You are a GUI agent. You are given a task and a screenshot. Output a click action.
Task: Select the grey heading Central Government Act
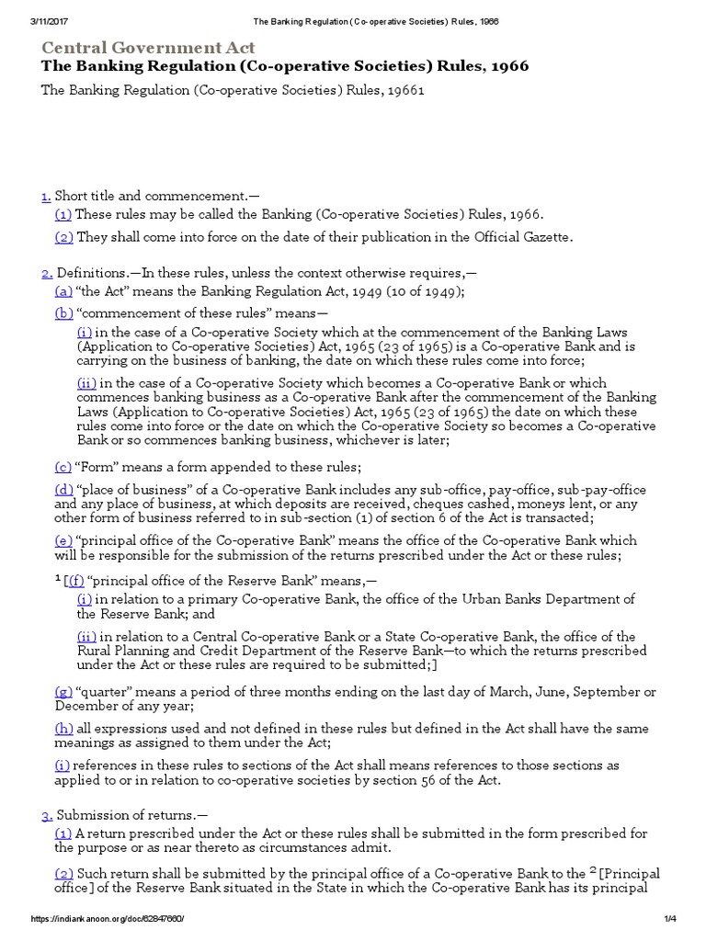(148, 48)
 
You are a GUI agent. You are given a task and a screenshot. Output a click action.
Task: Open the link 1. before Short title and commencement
(46, 195)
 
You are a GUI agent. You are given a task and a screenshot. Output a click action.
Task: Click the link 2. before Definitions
(47, 273)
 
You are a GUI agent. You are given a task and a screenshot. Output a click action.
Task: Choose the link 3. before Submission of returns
(47, 815)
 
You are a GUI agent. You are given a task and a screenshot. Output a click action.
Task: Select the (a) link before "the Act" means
(63, 291)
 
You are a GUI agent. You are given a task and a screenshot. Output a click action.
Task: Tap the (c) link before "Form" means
(63, 466)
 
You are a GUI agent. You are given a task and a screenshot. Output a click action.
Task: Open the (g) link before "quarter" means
(64, 691)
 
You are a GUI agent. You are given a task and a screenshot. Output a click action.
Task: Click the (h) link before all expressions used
(64, 729)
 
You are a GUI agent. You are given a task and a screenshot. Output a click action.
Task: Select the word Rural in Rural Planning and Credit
(97, 652)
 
